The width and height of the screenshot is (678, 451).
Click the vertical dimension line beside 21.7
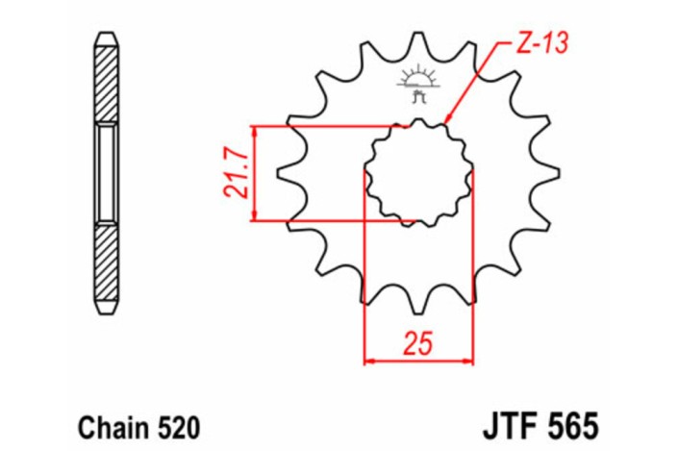255,174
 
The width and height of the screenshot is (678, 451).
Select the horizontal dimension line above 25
418,362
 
